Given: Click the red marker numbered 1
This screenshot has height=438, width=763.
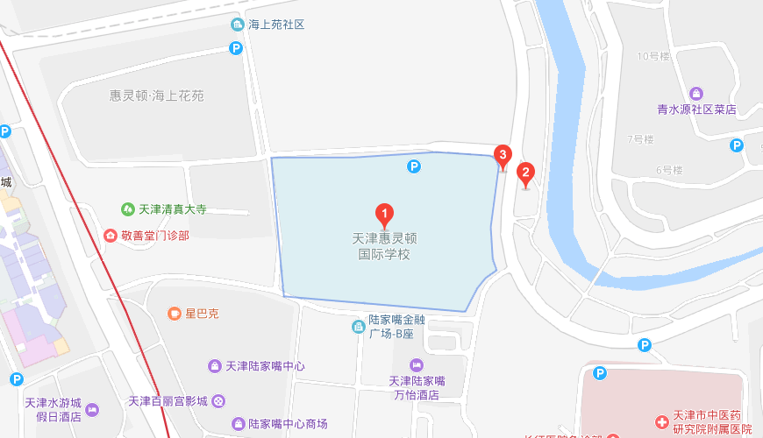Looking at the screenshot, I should pyautogui.click(x=383, y=214).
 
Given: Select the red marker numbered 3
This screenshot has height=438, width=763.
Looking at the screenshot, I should pyautogui.click(x=503, y=156).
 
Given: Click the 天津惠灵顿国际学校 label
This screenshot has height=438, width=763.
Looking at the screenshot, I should pyautogui.click(x=384, y=246).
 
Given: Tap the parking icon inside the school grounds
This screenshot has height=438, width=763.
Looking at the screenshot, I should pyautogui.click(x=413, y=165).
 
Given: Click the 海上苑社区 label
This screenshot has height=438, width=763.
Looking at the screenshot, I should pyautogui.click(x=275, y=25).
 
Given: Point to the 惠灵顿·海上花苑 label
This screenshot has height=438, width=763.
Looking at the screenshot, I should pyautogui.click(x=157, y=95).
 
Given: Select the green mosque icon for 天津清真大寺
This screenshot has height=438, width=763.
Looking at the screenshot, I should pyautogui.click(x=128, y=209).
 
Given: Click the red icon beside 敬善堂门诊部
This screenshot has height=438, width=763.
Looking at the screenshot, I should pyautogui.click(x=111, y=235).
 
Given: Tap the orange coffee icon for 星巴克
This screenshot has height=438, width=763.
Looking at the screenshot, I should pyautogui.click(x=175, y=313).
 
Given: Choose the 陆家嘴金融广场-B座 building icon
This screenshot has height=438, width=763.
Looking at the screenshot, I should pyautogui.click(x=358, y=327).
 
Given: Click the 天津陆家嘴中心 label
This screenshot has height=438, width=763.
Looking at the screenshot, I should pyautogui.click(x=265, y=365).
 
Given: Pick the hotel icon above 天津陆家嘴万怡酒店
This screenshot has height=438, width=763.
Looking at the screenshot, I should pyautogui.click(x=417, y=364).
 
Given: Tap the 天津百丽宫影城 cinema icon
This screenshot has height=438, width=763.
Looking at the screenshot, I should pyautogui.click(x=218, y=401).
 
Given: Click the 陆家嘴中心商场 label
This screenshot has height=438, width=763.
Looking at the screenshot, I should pyautogui.click(x=287, y=424).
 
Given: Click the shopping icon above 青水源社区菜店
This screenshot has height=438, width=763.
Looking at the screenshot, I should pyautogui.click(x=696, y=93).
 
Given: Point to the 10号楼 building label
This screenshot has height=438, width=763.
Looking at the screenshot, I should pyautogui.click(x=653, y=57).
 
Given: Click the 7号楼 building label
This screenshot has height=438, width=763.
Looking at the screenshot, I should pyautogui.click(x=641, y=139).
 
